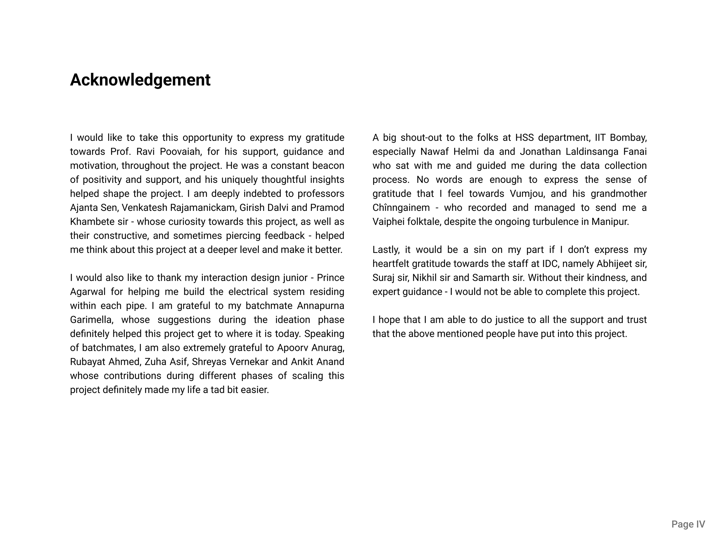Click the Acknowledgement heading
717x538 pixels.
click(x=140, y=80)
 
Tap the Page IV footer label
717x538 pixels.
click(x=688, y=524)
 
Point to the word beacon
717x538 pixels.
click(x=328, y=166)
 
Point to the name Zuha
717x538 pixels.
click(x=155, y=362)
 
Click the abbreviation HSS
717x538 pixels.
click(x=524, y=138)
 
